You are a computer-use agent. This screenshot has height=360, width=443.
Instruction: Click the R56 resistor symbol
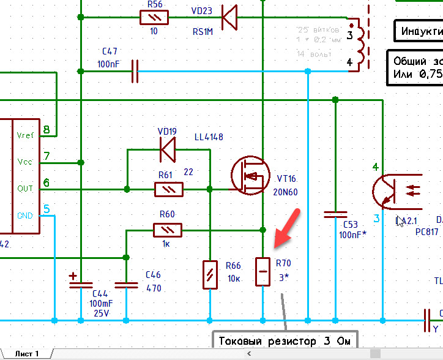155,17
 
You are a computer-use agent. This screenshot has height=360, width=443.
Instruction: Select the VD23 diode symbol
229,17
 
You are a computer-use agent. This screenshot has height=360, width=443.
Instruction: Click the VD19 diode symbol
167,148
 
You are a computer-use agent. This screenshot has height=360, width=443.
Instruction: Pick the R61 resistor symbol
168,189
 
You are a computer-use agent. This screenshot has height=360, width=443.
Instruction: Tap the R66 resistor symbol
210,274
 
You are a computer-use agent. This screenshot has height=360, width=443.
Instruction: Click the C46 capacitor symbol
127,283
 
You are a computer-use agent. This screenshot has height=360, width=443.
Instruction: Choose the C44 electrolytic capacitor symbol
81,283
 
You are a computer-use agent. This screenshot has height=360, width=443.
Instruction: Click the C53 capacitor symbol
335,215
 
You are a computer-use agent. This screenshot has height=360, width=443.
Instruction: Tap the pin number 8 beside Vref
46,130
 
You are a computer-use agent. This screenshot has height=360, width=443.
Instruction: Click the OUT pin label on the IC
25,189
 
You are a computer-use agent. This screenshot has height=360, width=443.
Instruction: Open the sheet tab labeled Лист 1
28,354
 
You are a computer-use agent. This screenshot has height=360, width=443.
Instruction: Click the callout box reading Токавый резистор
285,341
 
